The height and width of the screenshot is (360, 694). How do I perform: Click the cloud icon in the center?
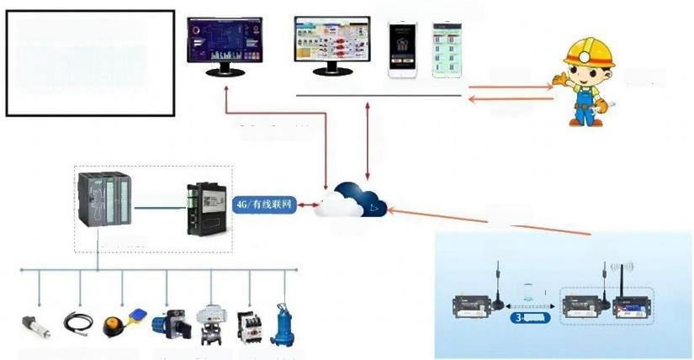tap(351, 200)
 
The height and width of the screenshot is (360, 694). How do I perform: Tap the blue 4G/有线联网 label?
tap(266, 204)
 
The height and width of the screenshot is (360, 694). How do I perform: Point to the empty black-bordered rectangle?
tap(90, 63)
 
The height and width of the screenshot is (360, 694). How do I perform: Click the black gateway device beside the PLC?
tap(205, 205)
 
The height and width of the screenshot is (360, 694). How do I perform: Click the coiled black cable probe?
tap(77, 323)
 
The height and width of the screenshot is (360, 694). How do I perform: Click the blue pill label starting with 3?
tap(527, 317)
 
